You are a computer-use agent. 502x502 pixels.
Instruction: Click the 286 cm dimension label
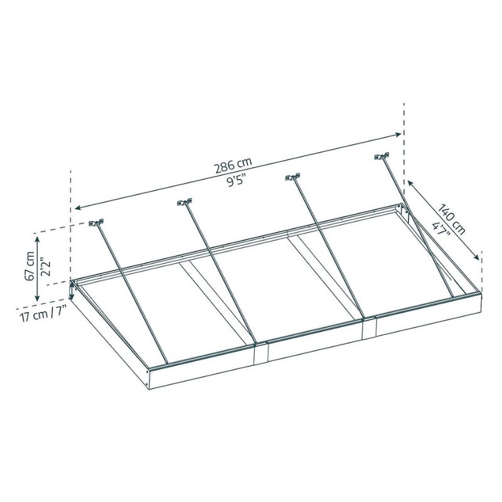(x=233, y=165)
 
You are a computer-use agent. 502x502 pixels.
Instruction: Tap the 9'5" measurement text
(x=237, y=181)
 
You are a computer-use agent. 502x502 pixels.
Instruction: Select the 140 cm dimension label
(x=451, y=219)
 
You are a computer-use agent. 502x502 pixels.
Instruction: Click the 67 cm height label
(x=29, y=266)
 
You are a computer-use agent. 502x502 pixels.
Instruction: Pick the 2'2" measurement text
(x=45, y=269)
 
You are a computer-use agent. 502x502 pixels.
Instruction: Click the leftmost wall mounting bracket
(x=97, y=223)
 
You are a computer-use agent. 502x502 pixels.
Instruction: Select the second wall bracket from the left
(x=184, y=202)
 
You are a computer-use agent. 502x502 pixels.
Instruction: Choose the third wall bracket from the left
(x=293, y=177)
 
